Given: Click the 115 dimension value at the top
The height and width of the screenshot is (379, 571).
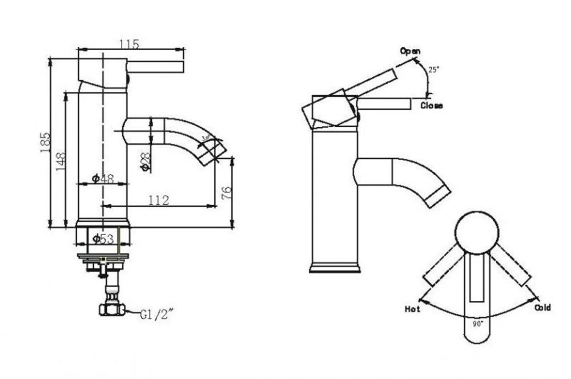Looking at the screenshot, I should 130,43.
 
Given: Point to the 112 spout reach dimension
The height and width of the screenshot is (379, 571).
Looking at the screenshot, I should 157,200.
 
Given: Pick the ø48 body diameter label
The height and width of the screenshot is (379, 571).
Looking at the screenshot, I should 102,179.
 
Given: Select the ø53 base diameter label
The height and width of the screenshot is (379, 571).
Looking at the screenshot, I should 103,239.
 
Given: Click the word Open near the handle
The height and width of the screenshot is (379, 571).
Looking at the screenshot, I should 410,51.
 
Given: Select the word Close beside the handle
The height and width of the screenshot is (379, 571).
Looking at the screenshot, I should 431,106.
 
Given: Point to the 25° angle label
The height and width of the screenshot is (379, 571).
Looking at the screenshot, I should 434,70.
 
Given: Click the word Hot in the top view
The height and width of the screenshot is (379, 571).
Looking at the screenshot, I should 412,309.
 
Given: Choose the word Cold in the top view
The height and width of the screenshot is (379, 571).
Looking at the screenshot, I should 542,308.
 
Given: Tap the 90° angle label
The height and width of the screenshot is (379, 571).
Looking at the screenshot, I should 477,323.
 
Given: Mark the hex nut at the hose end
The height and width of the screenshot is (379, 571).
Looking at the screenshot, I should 111,310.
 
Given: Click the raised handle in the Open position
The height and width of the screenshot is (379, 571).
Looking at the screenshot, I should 371,83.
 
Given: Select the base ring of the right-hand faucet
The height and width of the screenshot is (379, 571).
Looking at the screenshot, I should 335,268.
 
